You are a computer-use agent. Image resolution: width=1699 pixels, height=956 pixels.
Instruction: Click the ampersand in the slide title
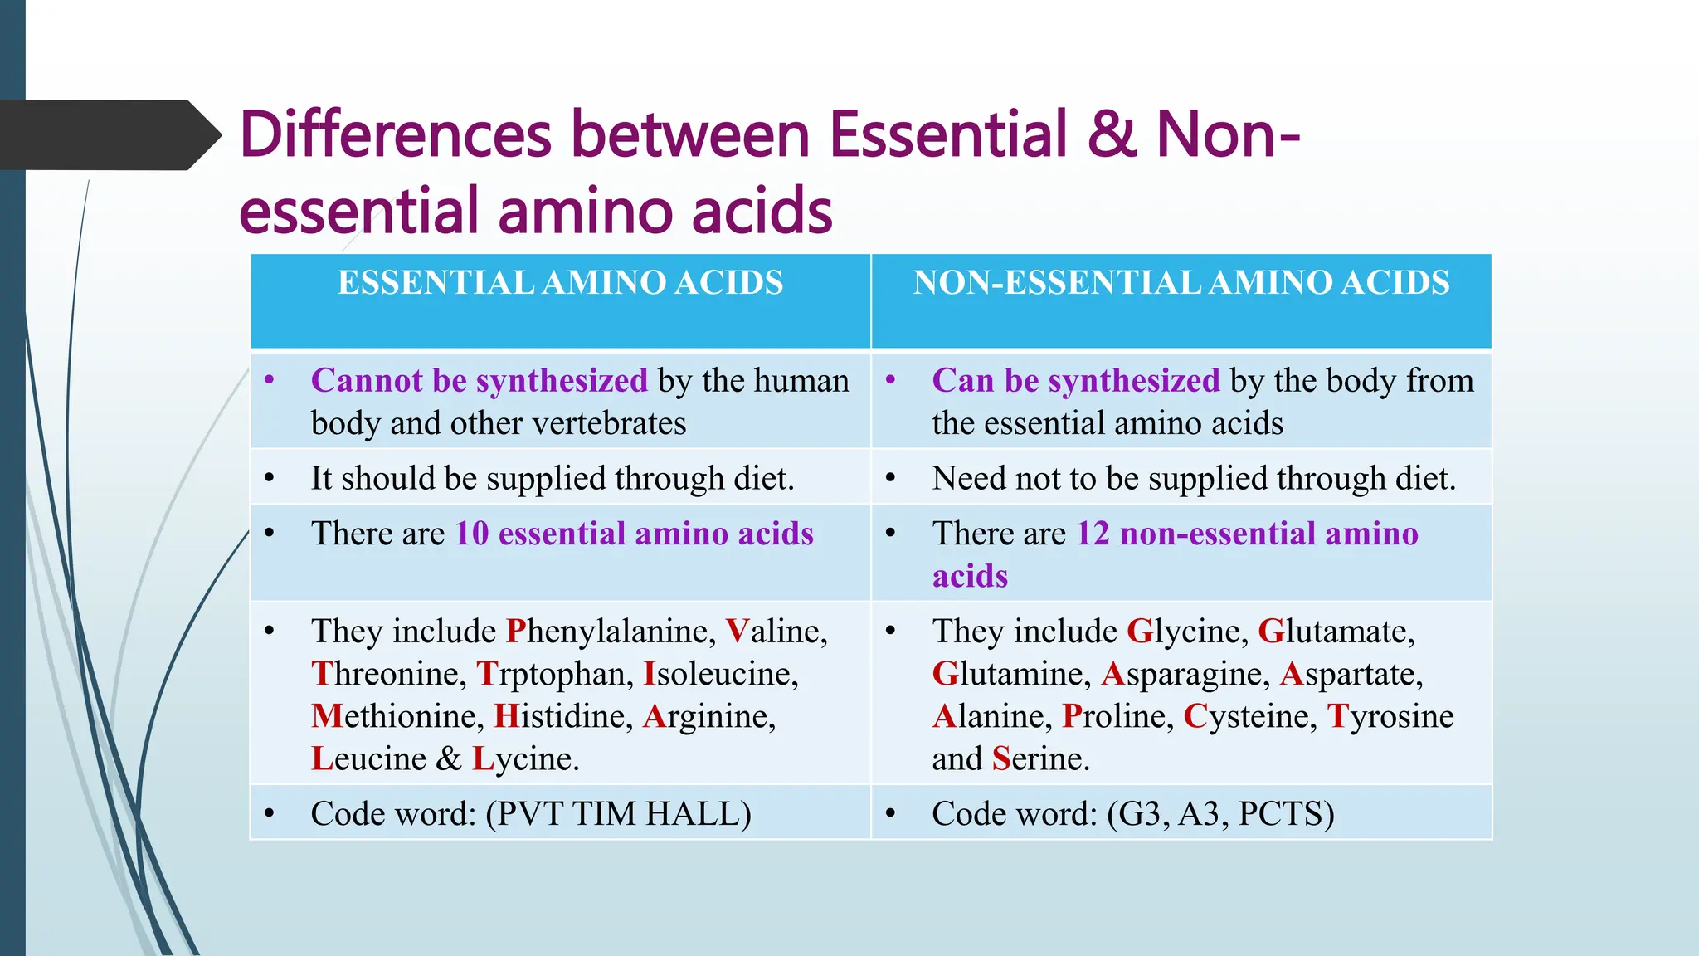pyautogui.click(x=1112, y=134)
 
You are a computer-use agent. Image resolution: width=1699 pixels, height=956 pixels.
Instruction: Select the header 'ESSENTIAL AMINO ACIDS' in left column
pyautogui.click(x=560, y=283)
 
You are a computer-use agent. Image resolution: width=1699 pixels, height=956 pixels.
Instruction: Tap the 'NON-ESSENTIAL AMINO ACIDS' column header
pyautogui.click(x=1181, y=283)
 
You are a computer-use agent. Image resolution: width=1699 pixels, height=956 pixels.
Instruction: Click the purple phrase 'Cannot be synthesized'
pyautogui.click(x=479, y=381)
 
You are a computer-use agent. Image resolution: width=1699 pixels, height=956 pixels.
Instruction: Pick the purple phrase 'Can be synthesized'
pyautogui.click(x=1076, y=381)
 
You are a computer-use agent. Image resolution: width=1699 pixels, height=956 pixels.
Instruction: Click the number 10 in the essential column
pyautogui.click(x=472, y=534)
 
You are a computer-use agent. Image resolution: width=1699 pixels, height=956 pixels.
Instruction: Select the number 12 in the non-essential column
pyautogui.click(x=1093, y=534)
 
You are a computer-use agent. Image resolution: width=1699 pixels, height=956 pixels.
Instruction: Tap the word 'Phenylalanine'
pyautogui.click(x=611, y=632)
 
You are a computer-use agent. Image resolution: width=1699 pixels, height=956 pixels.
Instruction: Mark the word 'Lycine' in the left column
pyautogui.click(x=525, y=758)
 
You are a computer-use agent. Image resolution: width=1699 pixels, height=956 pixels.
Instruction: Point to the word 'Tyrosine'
pyautogui.click(x=1390, y=716)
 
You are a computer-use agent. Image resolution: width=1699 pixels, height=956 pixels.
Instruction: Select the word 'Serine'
pyautogui.click(x=1040, y=758)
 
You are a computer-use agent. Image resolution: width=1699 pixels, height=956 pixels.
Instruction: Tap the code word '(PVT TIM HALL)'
pyautogui.click(x=618, y=814)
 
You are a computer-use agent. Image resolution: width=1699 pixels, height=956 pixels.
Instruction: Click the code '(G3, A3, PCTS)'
pyautogui.click(x=1220, y=814)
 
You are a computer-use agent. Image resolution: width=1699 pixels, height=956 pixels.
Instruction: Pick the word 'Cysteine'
pyautogui.click(x=1249, y=716)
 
